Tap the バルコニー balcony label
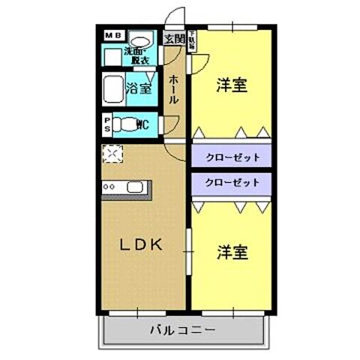click(182, 329)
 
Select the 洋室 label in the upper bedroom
click(232, 84)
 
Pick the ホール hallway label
click(173, 88)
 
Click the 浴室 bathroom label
click(139, 88)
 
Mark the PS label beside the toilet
click(107, 124)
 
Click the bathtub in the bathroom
click(112, 88)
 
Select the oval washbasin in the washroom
click(139, 40)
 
